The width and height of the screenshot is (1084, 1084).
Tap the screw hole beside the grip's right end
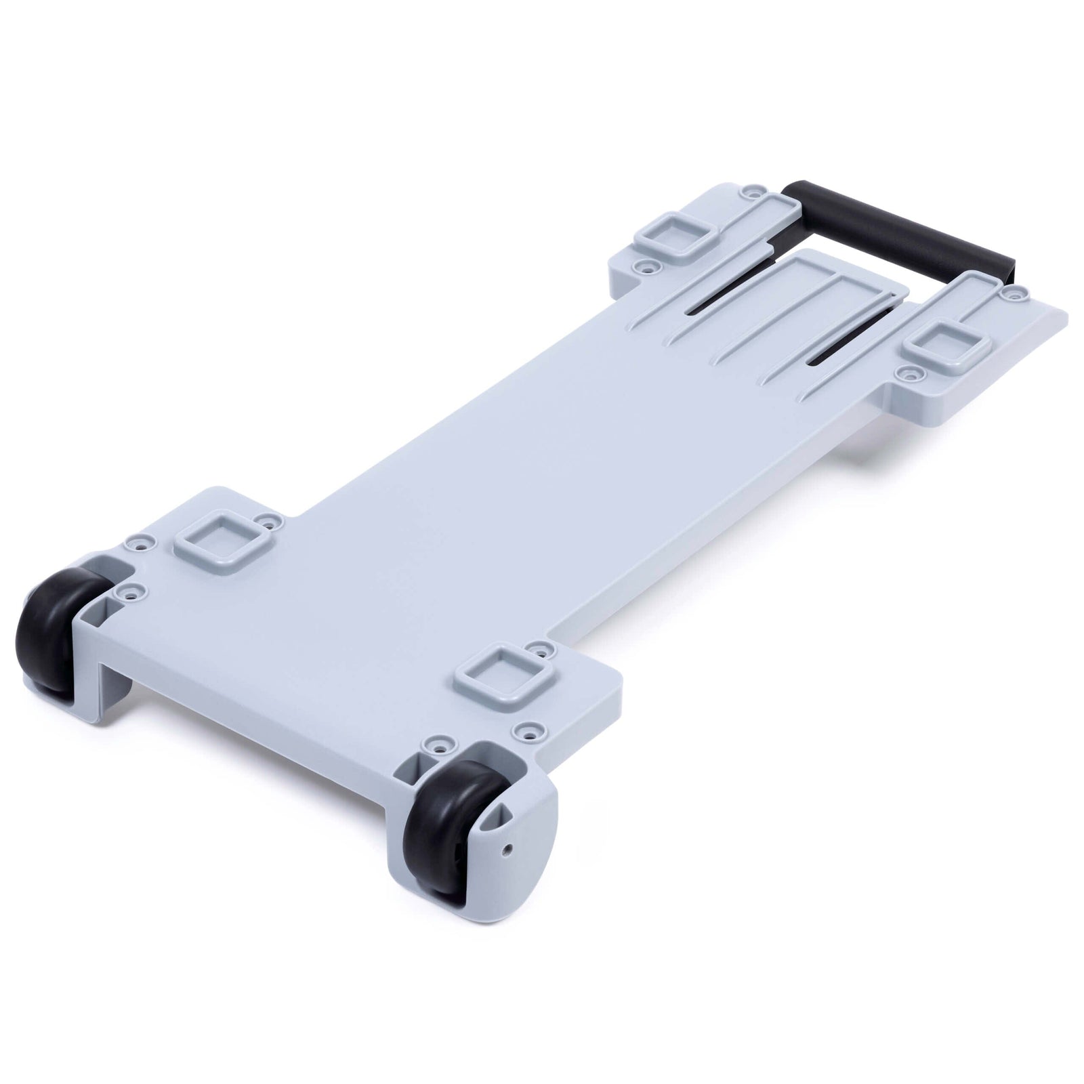tap(1013, 295)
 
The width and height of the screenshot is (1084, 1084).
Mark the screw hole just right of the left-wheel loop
tap(273, 522)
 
